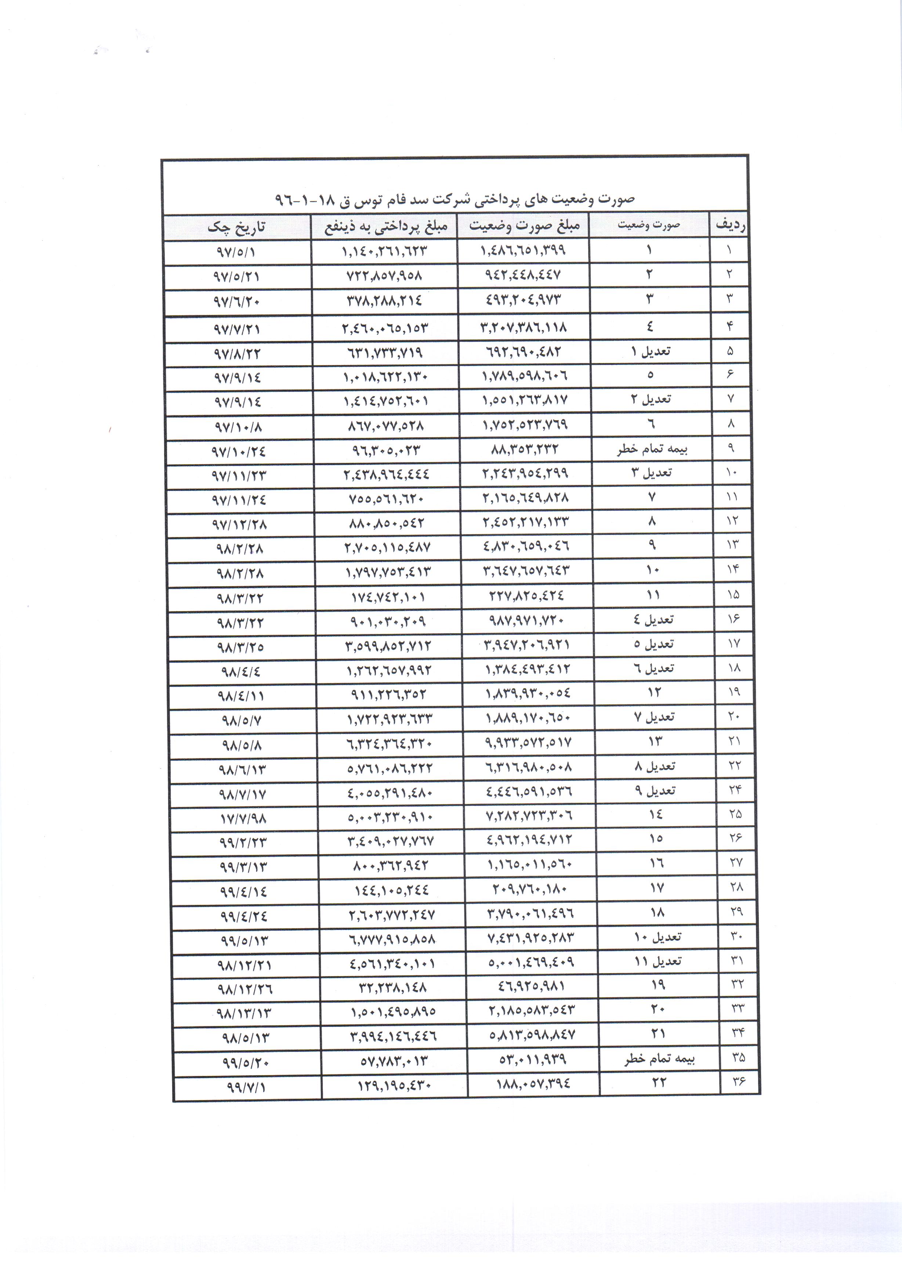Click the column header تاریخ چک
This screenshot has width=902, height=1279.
coord(236,227)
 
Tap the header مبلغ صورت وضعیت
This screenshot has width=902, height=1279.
coord(524,226)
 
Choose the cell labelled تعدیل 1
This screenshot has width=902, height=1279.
coord(650,351)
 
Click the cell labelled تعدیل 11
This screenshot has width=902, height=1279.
coord(658,961)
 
